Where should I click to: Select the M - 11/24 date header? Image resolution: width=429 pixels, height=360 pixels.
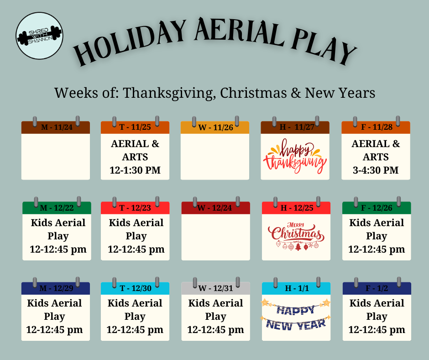[55, 127]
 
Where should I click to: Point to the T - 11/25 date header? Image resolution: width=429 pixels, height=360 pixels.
[135, 127]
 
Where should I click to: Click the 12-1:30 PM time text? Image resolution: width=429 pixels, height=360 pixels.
[135, 170]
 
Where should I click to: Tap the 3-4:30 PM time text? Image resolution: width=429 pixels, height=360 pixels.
[376, 170]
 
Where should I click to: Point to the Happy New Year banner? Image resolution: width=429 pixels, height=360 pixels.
[296, 317]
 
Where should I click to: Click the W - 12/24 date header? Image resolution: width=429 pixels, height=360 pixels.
[215, 208]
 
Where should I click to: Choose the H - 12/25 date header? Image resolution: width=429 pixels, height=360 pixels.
[296, 208]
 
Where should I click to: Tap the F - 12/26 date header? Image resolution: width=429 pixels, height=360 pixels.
[377, 208]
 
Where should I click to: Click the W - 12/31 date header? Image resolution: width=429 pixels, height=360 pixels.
[215, 288]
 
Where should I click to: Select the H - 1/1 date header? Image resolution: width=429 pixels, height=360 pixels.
[296, 288]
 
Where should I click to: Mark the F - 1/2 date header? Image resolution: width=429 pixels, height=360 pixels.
[377, 288]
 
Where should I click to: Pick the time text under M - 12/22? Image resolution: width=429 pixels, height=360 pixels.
[57, 250]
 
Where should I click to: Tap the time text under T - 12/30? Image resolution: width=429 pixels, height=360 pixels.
[135, 330]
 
